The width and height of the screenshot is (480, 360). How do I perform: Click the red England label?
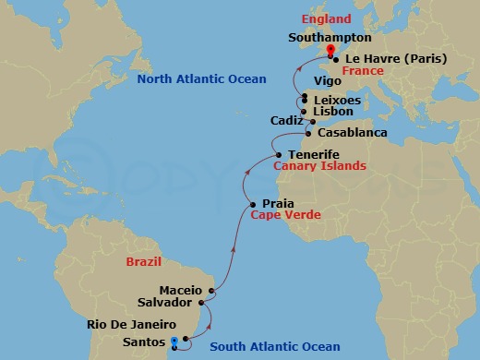coord(326,18)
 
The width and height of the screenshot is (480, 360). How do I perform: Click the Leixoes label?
coord(337,99)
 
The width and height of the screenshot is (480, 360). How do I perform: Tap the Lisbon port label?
coord(333,111)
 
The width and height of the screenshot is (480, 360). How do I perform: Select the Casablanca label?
coord(352,133)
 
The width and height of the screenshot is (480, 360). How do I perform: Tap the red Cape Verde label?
coord(286,215)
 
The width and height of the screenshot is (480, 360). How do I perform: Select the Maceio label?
coord(180,290)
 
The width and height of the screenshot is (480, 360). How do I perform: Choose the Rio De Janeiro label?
coord(130,324)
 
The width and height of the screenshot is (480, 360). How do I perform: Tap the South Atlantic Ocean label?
coord(275,347)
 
